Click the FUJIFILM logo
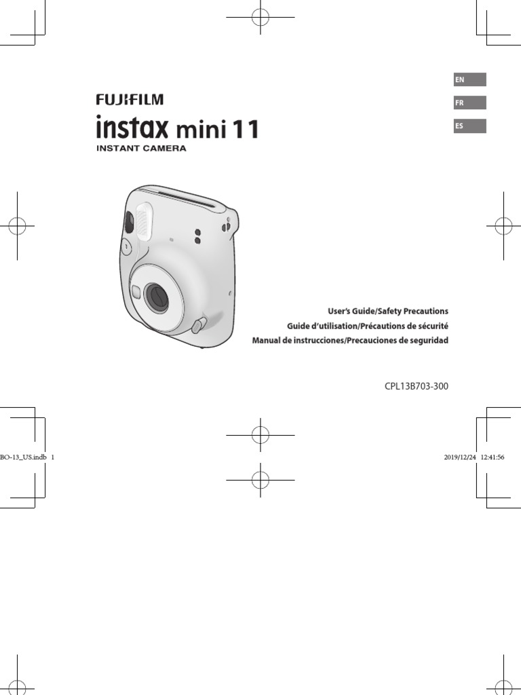[129, 100]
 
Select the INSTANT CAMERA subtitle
[140, 148]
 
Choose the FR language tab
[469, 103]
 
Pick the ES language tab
[469, 126]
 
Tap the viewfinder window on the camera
[128, 221]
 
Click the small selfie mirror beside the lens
[136, 293]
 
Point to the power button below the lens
[197, 326]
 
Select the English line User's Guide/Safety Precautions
[388, 311]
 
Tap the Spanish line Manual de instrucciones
[350, 340]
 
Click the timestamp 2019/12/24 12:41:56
[474, 457]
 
